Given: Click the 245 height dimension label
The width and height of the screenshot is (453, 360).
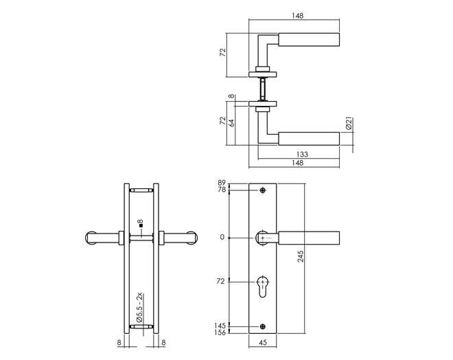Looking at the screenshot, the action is tap(301, 256).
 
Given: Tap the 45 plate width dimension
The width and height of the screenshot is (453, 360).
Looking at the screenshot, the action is tap(263, 343).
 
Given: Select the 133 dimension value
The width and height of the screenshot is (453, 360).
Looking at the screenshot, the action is tap(302, 155).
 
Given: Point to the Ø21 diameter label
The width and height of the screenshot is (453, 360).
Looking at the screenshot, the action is tap(349, 124).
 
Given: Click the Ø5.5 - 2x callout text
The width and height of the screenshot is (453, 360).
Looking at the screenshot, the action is tap(140, 308).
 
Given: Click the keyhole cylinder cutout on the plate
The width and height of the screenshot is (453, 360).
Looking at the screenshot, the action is tap(263, 286).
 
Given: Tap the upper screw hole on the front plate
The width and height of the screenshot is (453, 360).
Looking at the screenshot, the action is tap(263, 190).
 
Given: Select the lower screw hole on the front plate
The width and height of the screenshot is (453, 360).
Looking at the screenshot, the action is tap(263, 326).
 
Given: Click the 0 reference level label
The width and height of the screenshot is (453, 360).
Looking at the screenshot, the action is tap(222, 238).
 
